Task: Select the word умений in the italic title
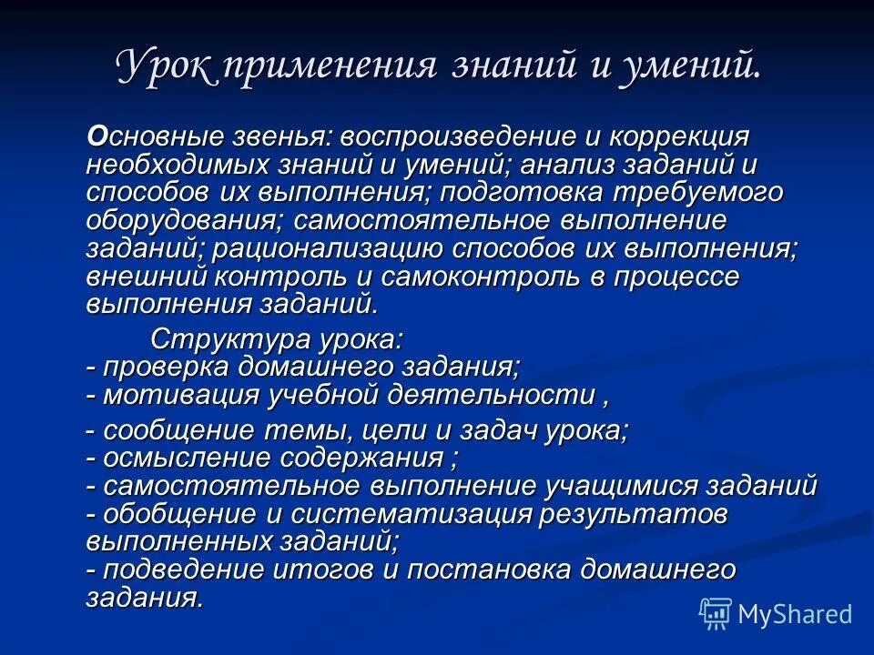point(686,67)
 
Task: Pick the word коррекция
point(677,137)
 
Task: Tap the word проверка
point(155,368)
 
